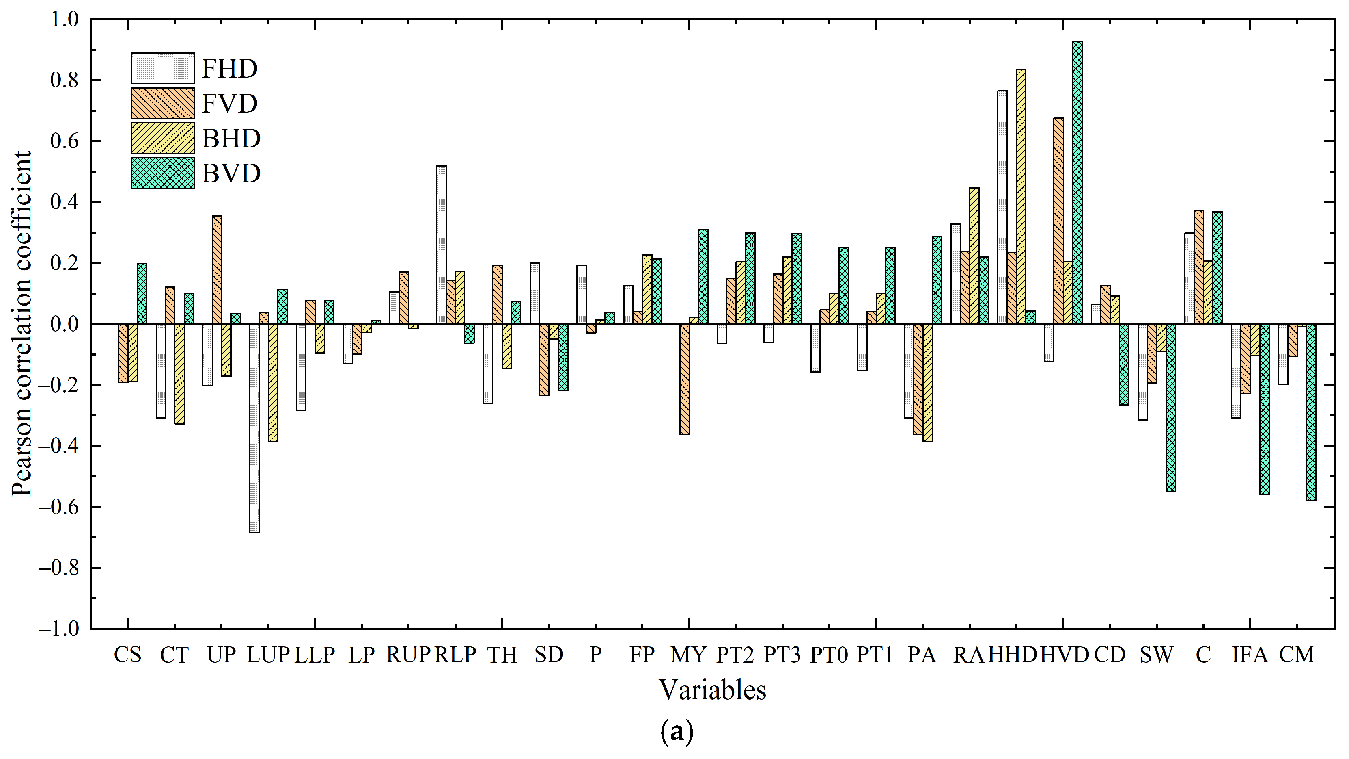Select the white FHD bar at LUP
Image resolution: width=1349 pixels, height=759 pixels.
(x=254, y=428)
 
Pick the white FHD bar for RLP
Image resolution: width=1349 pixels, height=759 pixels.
(x=442, y=245)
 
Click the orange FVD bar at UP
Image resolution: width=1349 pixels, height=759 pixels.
(x=217, y=270)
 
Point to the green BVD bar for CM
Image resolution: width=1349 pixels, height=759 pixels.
(x=1310, y=412)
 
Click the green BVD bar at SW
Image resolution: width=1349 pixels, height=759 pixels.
(x=1170, y=408)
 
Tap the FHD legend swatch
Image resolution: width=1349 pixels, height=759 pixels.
(x=162, y=68)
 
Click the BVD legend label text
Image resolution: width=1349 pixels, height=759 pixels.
(x=231, y=173)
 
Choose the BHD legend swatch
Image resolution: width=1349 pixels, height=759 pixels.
(x=162, y=139)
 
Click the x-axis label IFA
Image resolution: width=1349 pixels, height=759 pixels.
(x=1250, y=655)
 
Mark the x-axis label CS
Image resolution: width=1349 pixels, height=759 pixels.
(x=128, y=655)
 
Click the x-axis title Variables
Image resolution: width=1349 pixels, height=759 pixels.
(x=712, y=690)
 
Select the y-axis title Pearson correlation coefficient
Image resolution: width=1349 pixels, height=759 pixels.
(x=22, y=323)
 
